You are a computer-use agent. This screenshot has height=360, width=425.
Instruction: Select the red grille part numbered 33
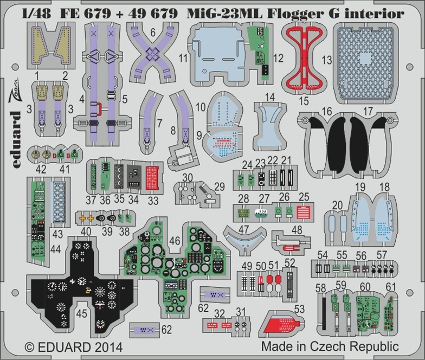click(153, 176)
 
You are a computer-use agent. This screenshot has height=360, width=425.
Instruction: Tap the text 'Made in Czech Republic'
click(330, 346)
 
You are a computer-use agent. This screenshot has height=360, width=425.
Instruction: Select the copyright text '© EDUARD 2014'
click(66, 346)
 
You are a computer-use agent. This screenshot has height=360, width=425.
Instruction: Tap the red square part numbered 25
click(304, 211)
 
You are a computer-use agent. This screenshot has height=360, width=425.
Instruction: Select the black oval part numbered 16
click(329, 138)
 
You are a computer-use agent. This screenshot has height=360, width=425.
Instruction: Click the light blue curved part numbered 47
click(244, 239)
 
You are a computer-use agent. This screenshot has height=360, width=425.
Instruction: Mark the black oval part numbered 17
click(359, 138)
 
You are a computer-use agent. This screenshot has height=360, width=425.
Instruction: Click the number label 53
click(299, 309)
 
